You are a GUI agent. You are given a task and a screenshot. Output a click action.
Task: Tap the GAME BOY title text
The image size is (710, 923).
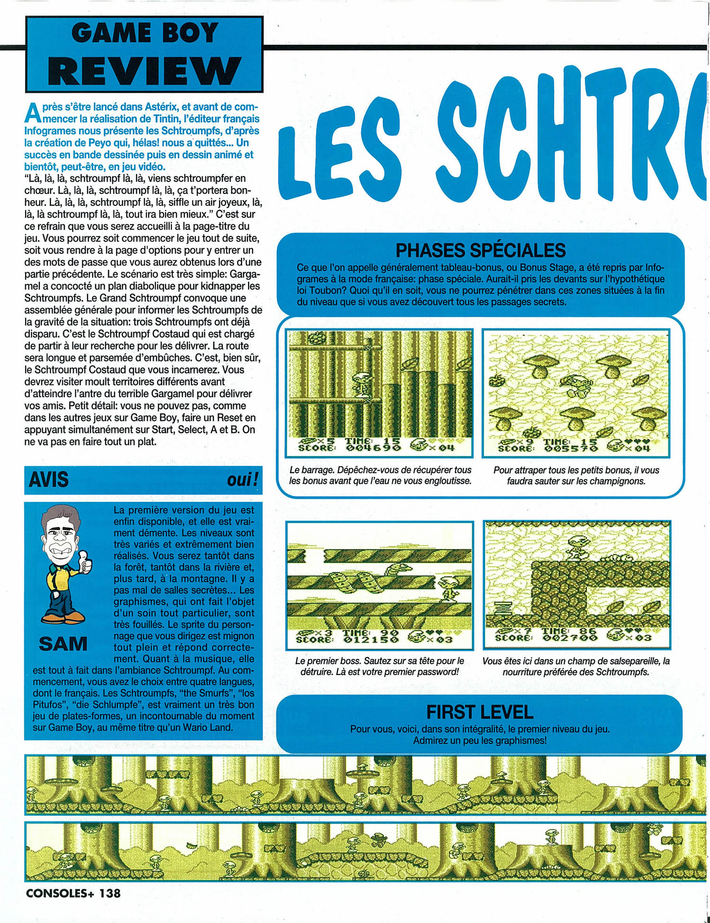tap(144, 34)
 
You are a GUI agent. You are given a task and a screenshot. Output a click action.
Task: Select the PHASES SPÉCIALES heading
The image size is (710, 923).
tap(480, 250)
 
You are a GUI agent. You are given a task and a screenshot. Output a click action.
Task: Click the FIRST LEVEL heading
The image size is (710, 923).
tap(479, 712)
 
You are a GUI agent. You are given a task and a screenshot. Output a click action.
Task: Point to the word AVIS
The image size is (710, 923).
tap(49, 480)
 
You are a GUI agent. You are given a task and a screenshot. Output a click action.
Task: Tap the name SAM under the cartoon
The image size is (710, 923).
tap(63, 644)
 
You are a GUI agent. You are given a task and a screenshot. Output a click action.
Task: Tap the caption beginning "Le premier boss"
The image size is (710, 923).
tap(379, 666)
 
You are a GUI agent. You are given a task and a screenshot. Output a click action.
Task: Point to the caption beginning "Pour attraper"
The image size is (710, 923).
tap(576, 475)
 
